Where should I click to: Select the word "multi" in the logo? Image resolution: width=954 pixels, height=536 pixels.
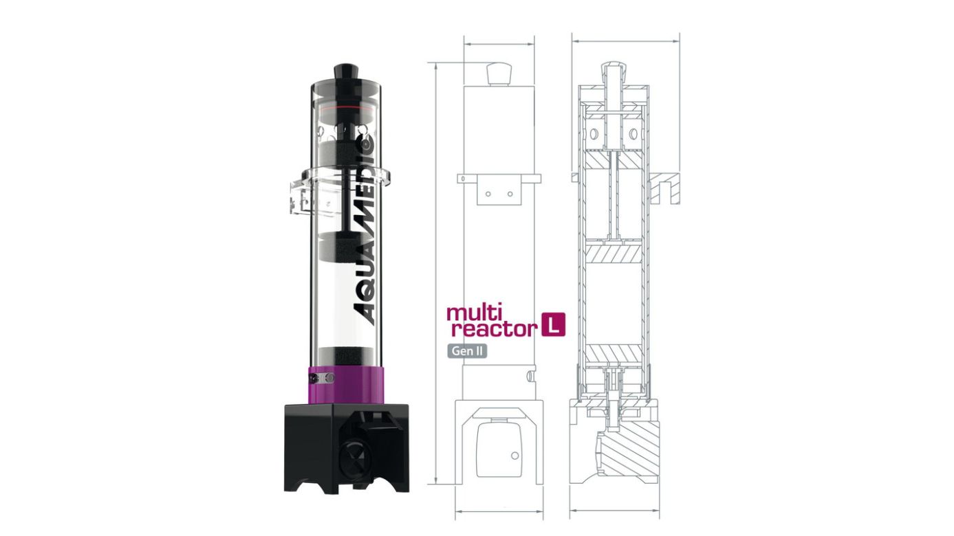471,313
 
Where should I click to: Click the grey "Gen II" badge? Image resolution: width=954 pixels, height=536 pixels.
466,350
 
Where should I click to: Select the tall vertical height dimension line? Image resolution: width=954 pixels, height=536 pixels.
437,275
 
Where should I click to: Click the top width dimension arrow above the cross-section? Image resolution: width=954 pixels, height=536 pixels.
625,41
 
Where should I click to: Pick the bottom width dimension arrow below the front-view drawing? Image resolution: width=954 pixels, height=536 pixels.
500,511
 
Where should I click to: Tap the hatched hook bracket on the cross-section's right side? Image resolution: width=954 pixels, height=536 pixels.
664,188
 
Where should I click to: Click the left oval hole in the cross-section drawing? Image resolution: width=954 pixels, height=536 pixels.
590,132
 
